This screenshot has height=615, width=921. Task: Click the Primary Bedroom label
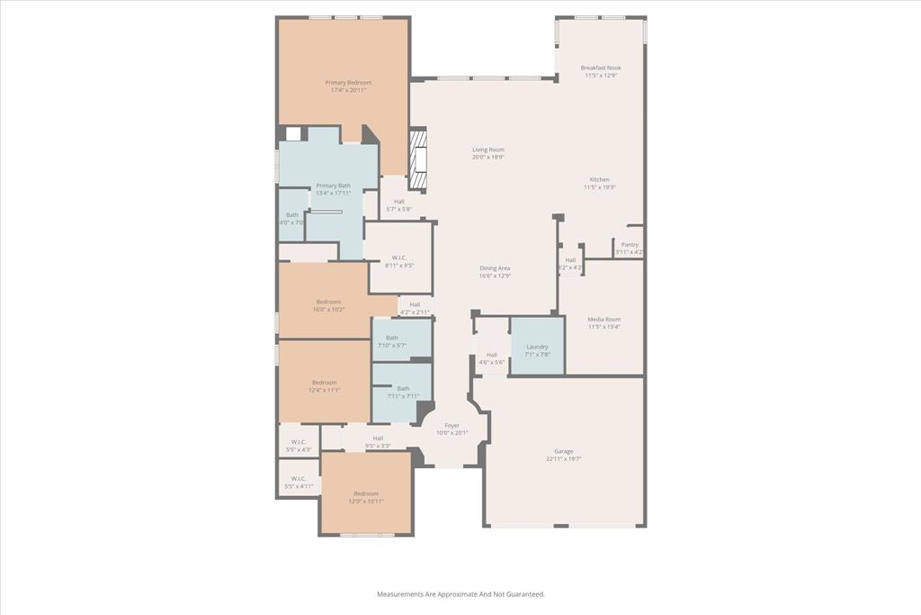(348, 86)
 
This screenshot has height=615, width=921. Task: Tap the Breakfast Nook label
(600, 71)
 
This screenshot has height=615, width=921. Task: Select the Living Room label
(488, 153)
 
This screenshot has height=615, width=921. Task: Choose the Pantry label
(630, 248)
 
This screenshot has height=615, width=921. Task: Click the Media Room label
(604, 322)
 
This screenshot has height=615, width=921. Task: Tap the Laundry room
(537, 350)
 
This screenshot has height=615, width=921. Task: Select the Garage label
(563, 455)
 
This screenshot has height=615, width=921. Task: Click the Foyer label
(452, 429)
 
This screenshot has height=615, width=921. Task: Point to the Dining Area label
(495, 272)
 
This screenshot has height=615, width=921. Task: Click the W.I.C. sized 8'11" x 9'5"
(399, 261)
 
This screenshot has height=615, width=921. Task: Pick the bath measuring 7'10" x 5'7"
(392, 341)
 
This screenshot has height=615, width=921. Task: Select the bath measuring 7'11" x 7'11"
(402, 392)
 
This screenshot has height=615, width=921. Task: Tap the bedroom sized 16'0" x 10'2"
(328, 305)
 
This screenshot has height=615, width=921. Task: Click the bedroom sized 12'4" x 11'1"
(324, 386)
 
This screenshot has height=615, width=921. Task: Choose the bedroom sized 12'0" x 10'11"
(366, 497)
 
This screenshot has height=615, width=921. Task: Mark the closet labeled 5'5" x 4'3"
(299, 445)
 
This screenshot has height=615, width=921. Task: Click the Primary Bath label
(333, 189)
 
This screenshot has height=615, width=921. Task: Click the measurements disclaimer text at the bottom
(460, 594)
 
